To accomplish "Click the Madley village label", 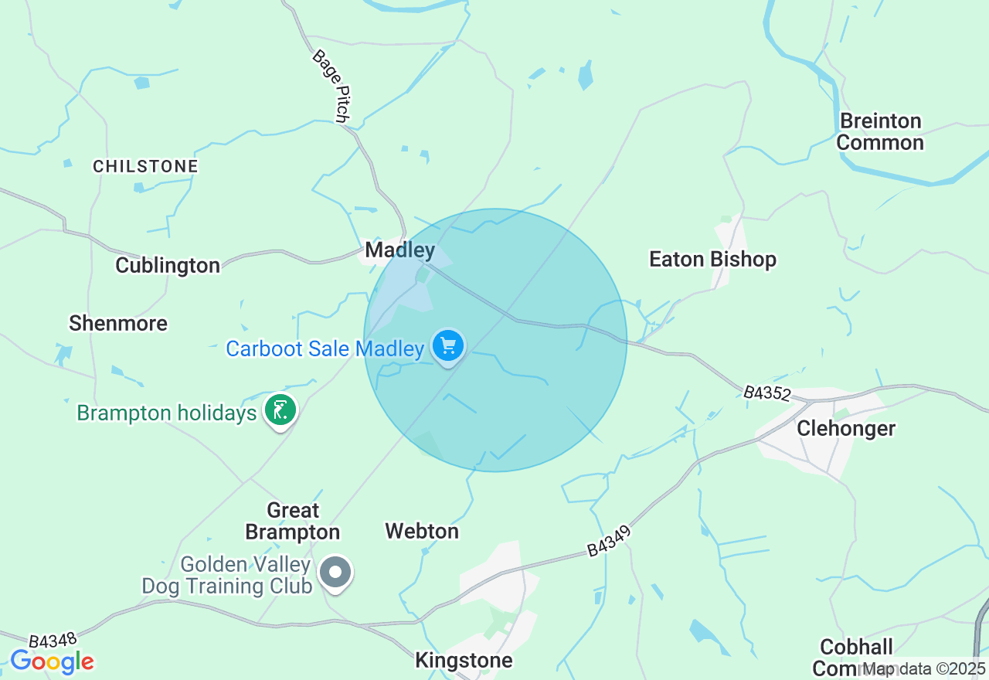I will pyautogui.click(x=399, y=250).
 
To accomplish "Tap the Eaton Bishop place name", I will pyautogui.click(x=712, y=260).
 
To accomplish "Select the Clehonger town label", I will pyautogui.click(x=846, y=428).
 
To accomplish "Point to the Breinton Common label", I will pyautogui.click(x=880, y=132).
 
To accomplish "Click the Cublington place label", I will pyautogui.click(x=168, y=266).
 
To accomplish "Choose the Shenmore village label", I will pyautogui.click(x=118, y=323).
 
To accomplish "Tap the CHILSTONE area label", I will pyautogui.click(x=145, y=167).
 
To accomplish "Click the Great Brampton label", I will pyautogui.click(x=293, y=522).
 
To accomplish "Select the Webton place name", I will pyautogui.click(x=422, y=532).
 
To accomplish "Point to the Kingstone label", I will pyautogui.click(x=464, y=661).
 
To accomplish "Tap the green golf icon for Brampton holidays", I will pyautogui.click(x=280, y=410).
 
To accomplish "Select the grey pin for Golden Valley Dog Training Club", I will pyautogui.click(x=335, y=573).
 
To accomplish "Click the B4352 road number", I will pyautogui.click(x=767, y=393).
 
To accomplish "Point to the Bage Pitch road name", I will pyautogui.click(x=331, y=86).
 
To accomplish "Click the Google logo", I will pyautogui.click(x=52, y=662).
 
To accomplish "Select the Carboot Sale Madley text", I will pyautogui.click(x=325, y=349).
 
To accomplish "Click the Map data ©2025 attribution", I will pyautogui.click(x=924, y=668).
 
